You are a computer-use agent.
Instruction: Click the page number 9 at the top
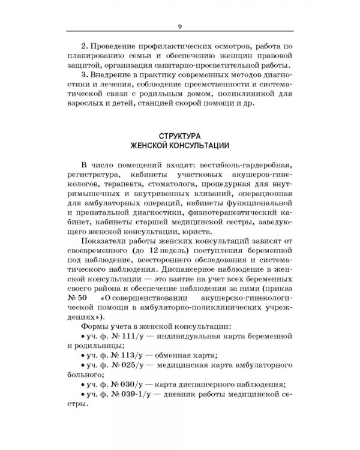[179, 25]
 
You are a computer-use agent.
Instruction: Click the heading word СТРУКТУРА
[180, 136]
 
